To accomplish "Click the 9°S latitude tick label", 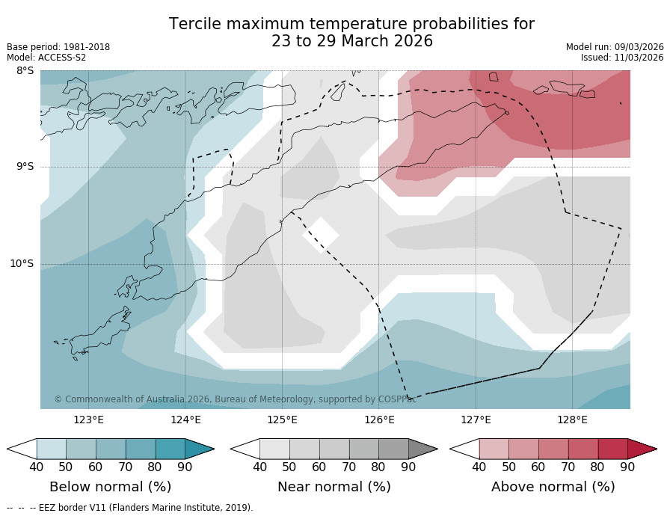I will [x=25, y=167].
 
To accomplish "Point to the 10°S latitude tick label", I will [x=22, y=263].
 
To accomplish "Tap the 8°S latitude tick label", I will [x=25, y=71].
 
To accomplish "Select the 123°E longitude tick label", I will [x=88, y=420].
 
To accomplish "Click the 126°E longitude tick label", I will [x=379, y=420].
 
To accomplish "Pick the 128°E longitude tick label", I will [x=572, y=420].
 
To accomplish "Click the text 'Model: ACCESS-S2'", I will [x=46, y=58].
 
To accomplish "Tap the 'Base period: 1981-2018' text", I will [x=58, y=47].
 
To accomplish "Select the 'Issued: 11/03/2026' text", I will [x=622, y=58].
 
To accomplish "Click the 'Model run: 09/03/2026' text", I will [x=615, y=47].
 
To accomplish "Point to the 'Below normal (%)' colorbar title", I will [x=111, y=487].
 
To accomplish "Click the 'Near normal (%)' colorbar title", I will [x=334, y=487].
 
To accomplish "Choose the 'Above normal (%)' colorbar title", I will [x=553, y=487].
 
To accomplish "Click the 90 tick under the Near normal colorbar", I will [x=408, y=467].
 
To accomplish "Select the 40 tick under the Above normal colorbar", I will [x=479, y=467].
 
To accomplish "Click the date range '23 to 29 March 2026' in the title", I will [x=352, y=42].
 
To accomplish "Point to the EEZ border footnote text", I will [x=130, y=508].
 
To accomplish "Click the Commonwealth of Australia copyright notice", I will [x=236, y=399].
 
